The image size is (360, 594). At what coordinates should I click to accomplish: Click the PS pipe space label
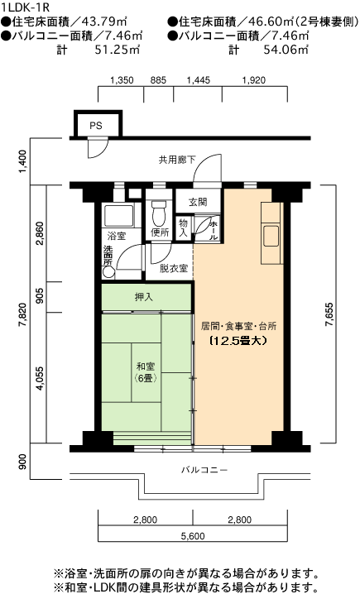click(x=96, y=126)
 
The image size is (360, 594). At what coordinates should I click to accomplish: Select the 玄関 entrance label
click(x=198, y=202)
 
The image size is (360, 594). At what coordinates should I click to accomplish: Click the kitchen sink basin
click(x=271, y=236)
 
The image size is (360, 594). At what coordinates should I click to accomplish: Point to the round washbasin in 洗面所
click(x=108, y=272)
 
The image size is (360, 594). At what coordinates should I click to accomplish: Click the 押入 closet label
click(x=144, y=297)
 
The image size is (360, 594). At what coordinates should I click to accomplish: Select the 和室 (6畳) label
click(x=146, y=372)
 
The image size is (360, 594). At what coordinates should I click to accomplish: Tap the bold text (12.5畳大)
click(x=238, y=341)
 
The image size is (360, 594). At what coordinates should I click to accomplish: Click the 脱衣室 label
click(x=174, y=268)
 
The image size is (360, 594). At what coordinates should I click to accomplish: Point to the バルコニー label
click(x=204, y=470)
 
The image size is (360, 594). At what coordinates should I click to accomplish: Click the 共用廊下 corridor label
click(x=177, y=160)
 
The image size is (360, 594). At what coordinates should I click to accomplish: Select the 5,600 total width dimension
click(x=193, y=536)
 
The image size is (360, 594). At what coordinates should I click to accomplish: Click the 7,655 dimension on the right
click(x=329, y=314)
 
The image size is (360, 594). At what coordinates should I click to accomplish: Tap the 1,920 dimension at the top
click(x=254, y=80)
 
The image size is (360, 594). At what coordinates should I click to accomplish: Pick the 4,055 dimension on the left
click(x=41, y=379)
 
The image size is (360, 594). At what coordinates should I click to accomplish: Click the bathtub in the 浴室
click(x=119, y=216)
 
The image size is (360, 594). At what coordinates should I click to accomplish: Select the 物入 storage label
click(x=184, y=228)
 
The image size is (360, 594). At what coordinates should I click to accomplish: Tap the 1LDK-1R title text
click(x=25, y=7)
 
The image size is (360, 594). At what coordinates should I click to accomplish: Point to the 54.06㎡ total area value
click(x=286, y=50)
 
